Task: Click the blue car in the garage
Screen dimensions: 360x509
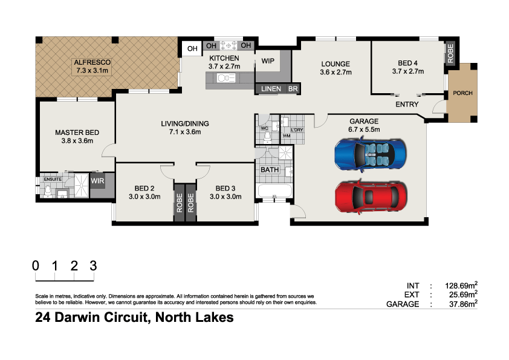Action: tap(368, 154)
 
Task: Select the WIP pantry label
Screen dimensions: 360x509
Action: tap(268, 61)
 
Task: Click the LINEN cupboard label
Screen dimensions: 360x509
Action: tap(271, 89)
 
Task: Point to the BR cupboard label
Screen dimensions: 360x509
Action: tap(293, 89)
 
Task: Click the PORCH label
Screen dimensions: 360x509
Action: tap(462, 93)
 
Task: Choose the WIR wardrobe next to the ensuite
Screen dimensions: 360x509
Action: tap(98, 180)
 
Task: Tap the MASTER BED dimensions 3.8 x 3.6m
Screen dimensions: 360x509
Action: tap(77, 141)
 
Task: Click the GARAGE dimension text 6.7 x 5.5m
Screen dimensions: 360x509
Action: tap(363, 129)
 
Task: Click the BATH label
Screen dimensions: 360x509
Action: tap(269, 170)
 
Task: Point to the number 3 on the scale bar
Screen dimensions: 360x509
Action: tap(93, 265)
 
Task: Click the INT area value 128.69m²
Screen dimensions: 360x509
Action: tap(458, 285)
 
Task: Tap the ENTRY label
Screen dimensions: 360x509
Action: tap(407, 105)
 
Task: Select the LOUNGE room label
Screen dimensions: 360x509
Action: tap(336, 64)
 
